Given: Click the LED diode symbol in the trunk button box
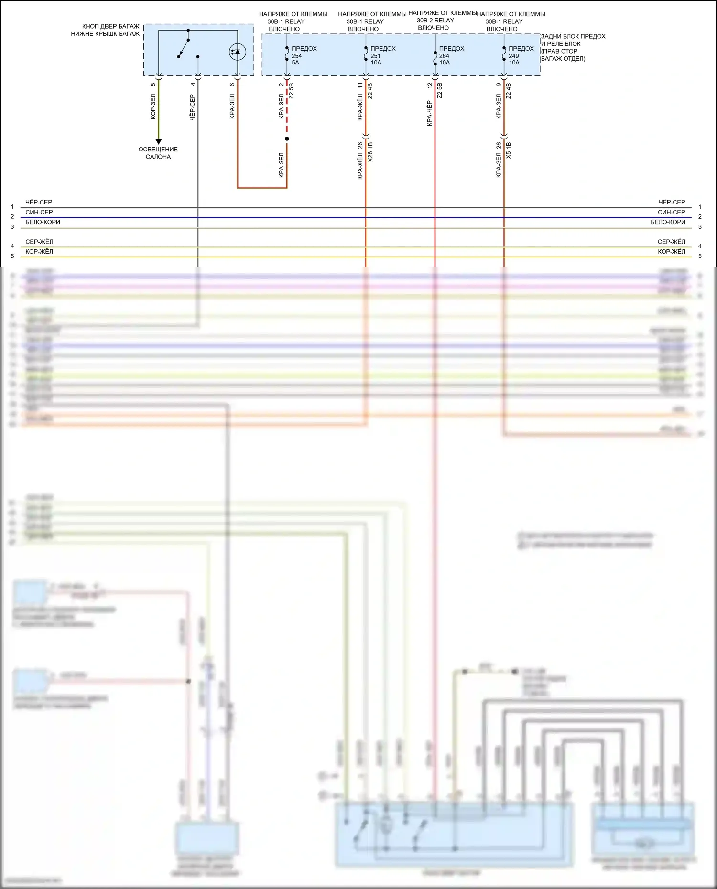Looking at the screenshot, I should click(x=238, y=52).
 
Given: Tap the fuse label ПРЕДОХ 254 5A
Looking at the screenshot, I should click(x=304, y=55).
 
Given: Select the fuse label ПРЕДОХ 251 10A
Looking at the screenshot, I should click(x=382, y=55).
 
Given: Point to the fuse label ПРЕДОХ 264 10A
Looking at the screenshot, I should click(x=451, y=55).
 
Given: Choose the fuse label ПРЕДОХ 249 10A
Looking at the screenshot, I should click(x=521, y=55).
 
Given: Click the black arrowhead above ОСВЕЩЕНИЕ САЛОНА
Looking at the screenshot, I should click(x=159, y=141).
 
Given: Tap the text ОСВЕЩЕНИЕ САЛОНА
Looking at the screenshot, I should click(x=158, y=153).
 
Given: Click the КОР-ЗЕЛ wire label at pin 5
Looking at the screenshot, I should click(x=153, y=107).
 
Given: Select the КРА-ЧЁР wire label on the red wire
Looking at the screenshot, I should click(x=429, y=113).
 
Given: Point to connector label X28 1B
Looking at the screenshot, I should click(x=370, y=152).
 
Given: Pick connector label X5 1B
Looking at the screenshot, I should click(x=508, y=150).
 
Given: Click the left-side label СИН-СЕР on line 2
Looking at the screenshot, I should click(x=39, y=212).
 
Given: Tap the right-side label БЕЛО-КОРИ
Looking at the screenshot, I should click(x=668, y=222).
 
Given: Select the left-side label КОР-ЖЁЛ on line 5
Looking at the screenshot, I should click(x=39, y=252).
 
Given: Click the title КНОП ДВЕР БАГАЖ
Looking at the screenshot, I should click(x=110, y=27).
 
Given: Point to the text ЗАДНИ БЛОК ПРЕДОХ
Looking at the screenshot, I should click(x=573, y=36).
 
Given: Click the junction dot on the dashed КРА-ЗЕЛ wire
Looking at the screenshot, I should click(x=287, y=139).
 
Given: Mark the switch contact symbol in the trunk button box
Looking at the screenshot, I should click(x=184, y=48).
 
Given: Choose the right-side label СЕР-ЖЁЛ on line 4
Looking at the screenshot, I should click(x=671, y=242).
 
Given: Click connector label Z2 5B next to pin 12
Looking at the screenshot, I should click(x=439, y=90).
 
